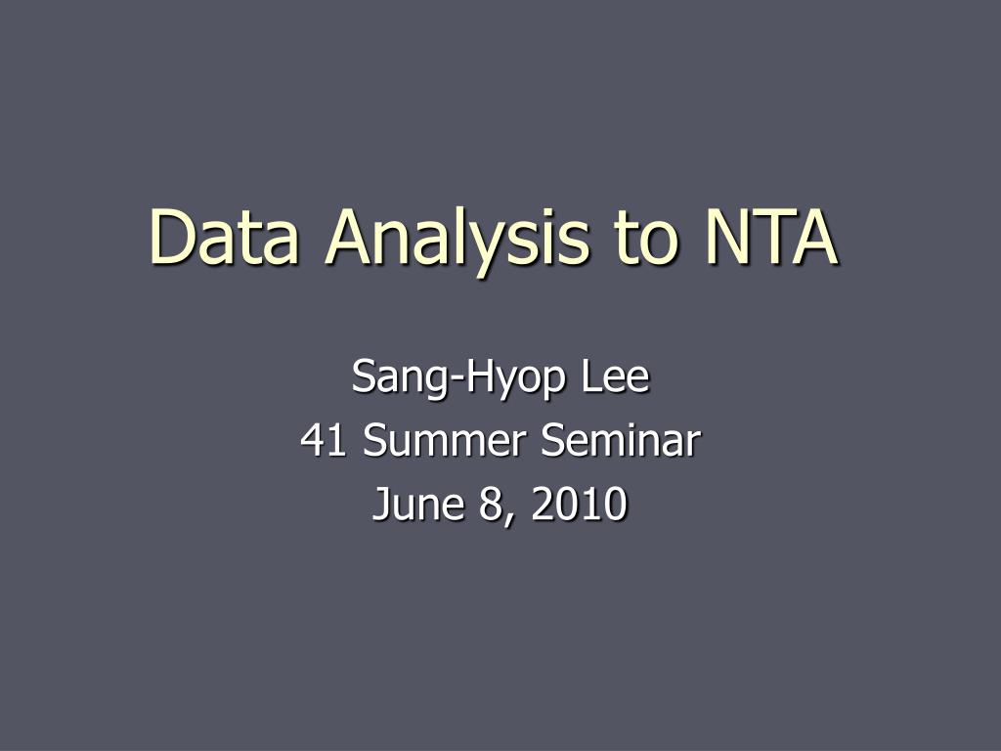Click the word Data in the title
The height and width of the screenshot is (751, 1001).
pos(224,238)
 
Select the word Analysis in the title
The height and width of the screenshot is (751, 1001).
pos(458,238)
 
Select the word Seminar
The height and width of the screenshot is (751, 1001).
pos(620,441)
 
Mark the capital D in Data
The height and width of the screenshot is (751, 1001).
pos(170,238)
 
